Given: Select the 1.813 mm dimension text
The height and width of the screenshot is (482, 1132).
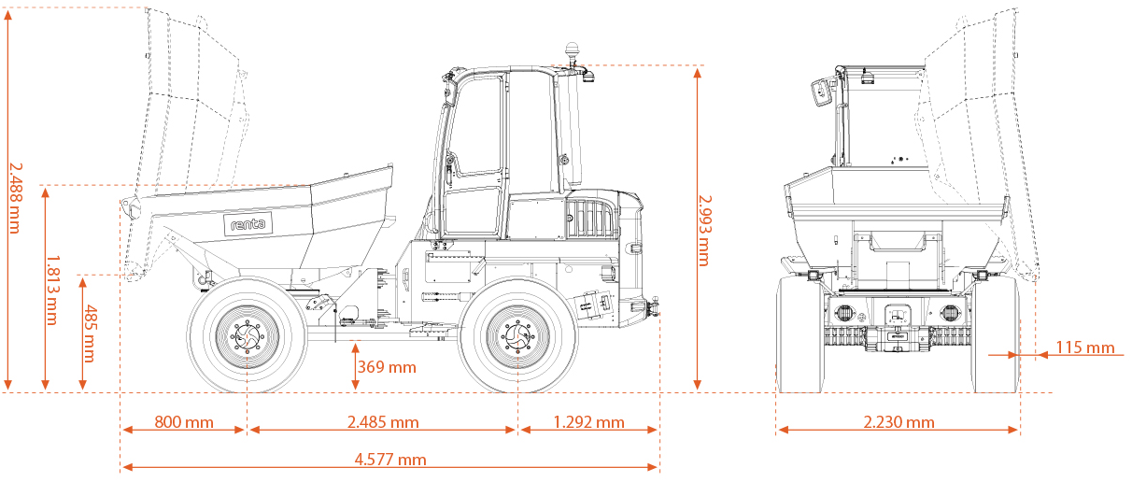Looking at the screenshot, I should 52,290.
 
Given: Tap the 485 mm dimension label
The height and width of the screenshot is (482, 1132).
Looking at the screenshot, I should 90,333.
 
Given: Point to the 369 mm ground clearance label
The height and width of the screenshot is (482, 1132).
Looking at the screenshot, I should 387,367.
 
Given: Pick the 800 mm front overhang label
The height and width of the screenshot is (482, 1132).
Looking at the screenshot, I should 184,423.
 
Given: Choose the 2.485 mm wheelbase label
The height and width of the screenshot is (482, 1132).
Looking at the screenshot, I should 382,423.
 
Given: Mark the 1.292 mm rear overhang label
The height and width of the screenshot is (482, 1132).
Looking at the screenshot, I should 588,423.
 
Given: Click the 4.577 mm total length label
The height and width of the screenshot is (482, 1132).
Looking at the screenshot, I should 389,460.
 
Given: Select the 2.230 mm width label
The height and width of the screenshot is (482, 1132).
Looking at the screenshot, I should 899,423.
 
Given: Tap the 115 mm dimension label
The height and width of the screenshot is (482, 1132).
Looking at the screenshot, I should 1084,348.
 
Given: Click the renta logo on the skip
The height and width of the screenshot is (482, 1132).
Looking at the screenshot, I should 248,224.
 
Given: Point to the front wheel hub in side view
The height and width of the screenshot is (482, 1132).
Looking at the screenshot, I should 248,334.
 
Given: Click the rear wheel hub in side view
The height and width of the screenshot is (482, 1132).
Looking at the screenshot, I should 516,334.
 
